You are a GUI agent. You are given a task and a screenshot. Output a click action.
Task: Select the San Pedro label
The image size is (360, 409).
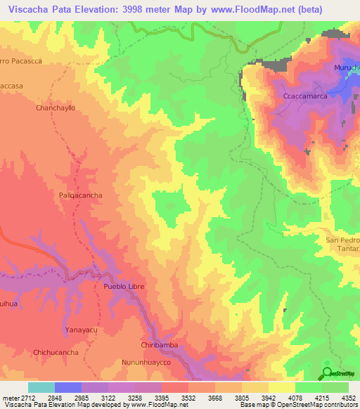342,240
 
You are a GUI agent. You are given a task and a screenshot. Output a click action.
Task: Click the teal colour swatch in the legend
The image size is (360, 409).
41,387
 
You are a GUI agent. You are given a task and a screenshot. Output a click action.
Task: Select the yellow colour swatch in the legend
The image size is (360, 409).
282,387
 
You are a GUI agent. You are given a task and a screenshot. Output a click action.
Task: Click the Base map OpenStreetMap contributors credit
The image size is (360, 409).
297,405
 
